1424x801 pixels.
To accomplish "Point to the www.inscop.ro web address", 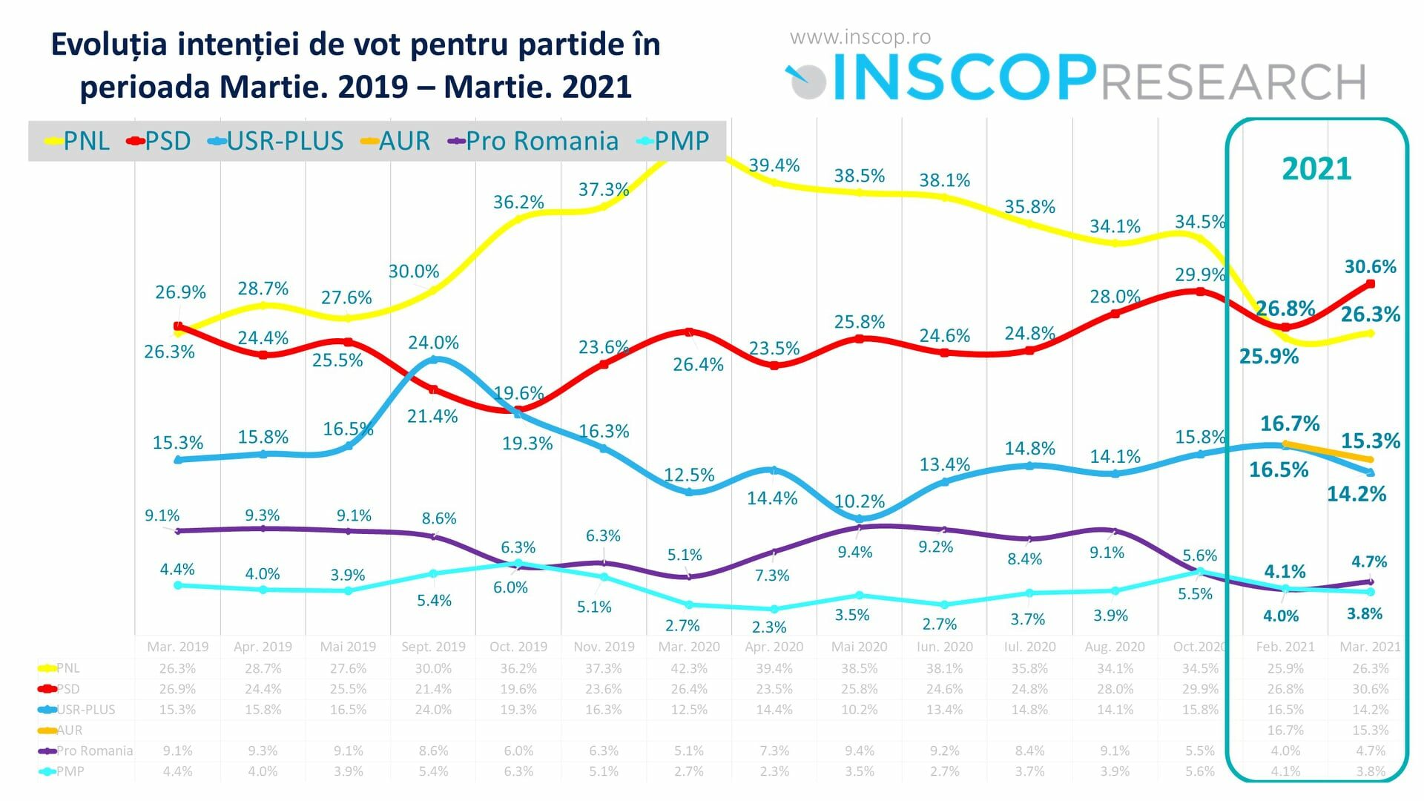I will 860,37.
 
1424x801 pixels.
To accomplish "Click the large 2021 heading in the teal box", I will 1316,169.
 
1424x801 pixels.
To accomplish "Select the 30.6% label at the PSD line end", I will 1370,266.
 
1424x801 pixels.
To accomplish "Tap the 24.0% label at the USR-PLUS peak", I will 433,343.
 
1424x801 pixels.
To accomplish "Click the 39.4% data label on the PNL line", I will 774,165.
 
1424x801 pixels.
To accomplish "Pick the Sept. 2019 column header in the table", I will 433,647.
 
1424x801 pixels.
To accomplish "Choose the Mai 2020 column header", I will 859,647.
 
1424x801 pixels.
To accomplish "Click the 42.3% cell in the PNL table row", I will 689,668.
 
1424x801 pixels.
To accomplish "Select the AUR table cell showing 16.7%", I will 1285,731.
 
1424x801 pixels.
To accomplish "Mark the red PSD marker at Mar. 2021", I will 1370,284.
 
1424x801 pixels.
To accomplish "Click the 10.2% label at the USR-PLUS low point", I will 860,501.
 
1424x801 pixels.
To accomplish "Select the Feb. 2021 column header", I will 1285,647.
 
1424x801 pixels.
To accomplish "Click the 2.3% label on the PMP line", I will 768,627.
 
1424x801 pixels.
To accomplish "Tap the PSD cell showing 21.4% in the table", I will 433,689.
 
